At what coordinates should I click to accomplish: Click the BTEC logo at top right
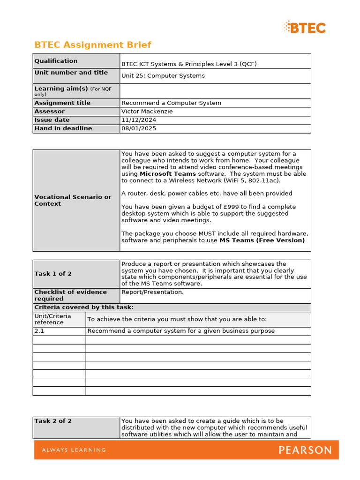304,27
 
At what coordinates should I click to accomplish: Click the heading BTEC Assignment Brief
93,45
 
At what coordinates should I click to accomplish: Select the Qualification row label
56,61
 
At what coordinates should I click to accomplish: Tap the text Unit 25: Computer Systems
163,76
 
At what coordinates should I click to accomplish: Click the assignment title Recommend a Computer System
171,103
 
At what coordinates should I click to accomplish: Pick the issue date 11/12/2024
139,120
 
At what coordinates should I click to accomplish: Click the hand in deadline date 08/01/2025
139,128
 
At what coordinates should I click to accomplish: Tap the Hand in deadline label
63,128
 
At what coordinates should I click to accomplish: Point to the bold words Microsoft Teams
168,174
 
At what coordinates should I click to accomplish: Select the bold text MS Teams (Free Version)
262,240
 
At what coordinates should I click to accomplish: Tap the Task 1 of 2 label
53,274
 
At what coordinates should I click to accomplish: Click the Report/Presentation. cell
152,292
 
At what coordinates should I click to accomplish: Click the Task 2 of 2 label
53,421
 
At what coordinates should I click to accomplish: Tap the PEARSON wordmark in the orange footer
305,450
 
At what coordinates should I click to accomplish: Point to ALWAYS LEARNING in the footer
74,450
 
